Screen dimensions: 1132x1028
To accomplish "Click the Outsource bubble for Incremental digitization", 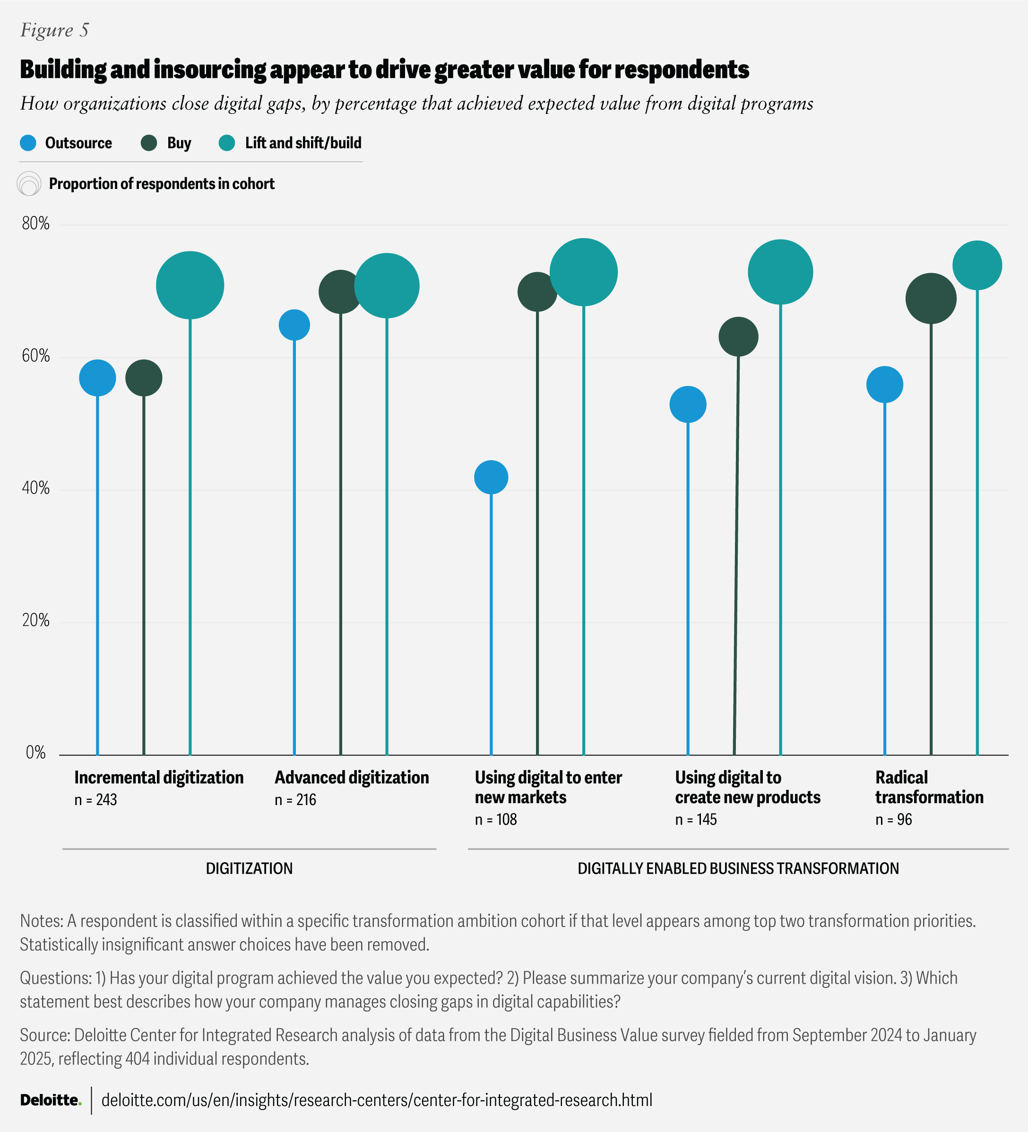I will tap(98, 378).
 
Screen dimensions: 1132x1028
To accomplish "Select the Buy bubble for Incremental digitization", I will tap(144, 378).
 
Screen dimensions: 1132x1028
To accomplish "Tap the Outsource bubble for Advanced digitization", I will tap(294, 325).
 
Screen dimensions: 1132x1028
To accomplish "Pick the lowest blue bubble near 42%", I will tap(491, 477).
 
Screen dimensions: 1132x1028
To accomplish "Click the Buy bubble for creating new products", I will tap(738, 337).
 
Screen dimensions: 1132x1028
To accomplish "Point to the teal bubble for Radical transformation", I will tap(977, 266).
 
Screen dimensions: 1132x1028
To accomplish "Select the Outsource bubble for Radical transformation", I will tap(885, 385).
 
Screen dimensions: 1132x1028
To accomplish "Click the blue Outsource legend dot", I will tap(28, 143).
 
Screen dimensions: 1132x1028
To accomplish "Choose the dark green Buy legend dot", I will tap(149, 143).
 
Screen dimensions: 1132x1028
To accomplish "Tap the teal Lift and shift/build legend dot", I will tap(227, 143).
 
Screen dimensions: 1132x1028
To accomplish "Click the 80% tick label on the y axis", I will tap(35, 224).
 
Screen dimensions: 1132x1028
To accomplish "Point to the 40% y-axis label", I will tap(35, 489).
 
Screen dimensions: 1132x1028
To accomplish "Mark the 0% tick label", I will tap(35, 753).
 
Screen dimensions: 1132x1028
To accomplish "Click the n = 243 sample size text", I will tap(95, 799).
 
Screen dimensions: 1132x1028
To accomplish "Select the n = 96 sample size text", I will tap(893, 819).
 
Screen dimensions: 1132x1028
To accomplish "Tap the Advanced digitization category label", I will tap(352, 778).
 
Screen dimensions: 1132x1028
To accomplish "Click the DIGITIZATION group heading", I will tap(249, 868).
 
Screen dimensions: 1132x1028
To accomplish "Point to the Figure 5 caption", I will tap(54, 30).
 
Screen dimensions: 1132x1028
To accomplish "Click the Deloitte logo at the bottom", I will tap(51, 1099).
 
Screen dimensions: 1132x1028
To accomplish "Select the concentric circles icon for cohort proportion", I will tap(29, 184).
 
